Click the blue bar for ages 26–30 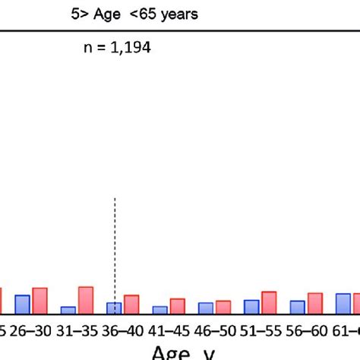[x=23, y=305]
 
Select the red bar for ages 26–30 [x=39, y=301]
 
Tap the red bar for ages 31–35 [x=86, y=300]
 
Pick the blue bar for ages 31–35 [x=68, y=310]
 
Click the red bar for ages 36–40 [x=131, y=305]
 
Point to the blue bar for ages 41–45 [x=159, y=310]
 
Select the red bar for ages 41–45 [x=177, y=306]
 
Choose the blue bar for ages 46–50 [x=206, y=308]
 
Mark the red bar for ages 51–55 [x=269, y=302]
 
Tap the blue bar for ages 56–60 [x=297, y=307]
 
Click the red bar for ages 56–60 [x=314, y=303]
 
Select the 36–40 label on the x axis [x=123, y=330]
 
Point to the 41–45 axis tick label [x=169, y=330]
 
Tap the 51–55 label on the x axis [x=261, y=330]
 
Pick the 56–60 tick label [x=306, y=330]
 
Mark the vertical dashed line [x=115, y=243]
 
